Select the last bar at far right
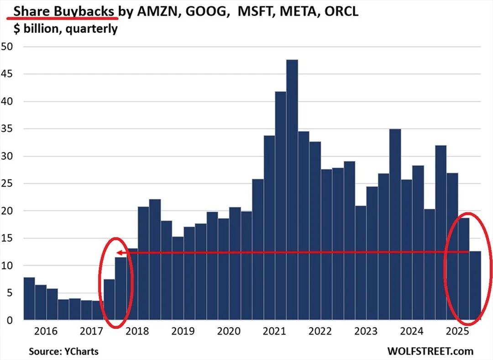point(475,286)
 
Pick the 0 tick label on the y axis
point(10,320)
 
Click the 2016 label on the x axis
point(46,331)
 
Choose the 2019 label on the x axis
point(183,331)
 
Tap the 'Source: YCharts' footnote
point(63,351)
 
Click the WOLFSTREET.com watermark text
point(430,351)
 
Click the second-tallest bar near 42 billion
point(281,206)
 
